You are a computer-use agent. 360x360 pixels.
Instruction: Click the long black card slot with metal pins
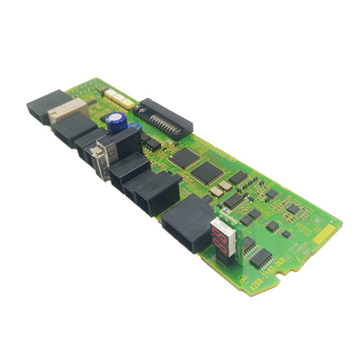click(165, 116)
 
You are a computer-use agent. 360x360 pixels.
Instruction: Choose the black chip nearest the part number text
click(260, 258)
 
